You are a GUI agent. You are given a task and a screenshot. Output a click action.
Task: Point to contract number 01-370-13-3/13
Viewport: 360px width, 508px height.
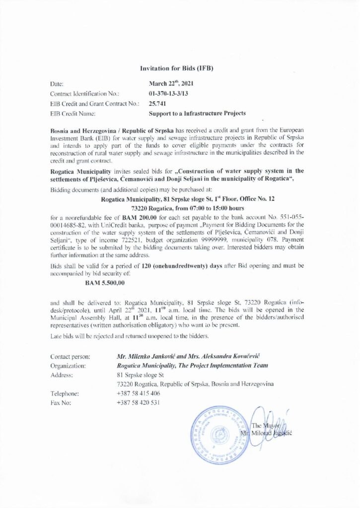tap(169, 94)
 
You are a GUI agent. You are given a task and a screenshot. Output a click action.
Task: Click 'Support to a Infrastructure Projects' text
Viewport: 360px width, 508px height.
tap(197, 114)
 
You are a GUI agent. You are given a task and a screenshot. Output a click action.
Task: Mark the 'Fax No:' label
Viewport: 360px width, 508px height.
tap(61, 402)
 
